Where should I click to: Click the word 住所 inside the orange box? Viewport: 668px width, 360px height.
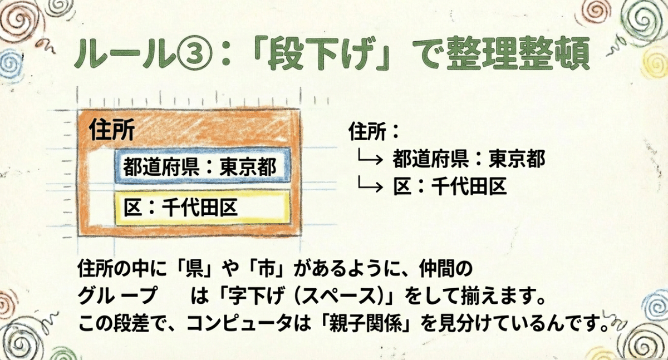[112, 130]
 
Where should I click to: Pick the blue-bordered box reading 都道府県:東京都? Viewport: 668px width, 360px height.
[203, 166]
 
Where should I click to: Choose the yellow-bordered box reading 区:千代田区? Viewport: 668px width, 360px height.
[203, 207]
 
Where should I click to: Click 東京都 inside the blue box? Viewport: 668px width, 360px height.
[248, 166]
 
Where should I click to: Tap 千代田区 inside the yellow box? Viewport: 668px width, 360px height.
[199, 207]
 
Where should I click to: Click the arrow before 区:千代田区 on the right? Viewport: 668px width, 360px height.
[370, 185]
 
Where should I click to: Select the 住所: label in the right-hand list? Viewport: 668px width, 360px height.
[374, 131]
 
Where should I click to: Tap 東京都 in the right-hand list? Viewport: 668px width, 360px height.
[517, 158]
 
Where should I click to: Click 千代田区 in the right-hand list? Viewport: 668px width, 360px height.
[469, 186]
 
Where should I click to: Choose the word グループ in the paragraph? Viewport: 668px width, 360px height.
[117, 296]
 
